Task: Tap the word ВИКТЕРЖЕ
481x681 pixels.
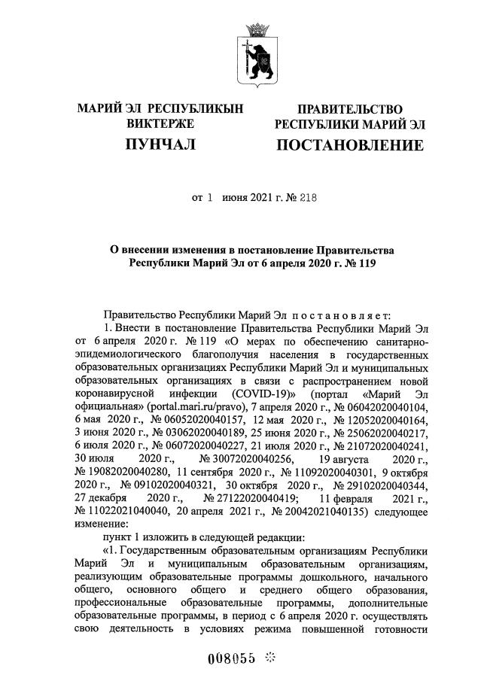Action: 160,123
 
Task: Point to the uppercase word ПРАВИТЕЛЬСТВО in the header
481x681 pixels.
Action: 349,110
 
